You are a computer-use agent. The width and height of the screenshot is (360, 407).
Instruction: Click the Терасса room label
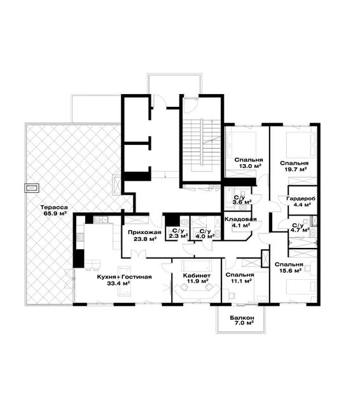click(54, 207)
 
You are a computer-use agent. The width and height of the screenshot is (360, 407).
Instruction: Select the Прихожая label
click(144, 232)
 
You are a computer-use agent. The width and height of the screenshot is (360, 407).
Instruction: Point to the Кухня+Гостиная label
click(124, 277)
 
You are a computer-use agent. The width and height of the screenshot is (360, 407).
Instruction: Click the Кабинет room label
click(197, 275)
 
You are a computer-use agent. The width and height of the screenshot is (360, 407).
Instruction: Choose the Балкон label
click(242, 318)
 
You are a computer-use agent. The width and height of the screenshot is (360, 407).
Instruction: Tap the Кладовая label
click(240, 219)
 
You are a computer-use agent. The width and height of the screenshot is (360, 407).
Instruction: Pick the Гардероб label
click(301, 199)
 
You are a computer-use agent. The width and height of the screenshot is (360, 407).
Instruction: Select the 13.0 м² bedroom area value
click(250, 166)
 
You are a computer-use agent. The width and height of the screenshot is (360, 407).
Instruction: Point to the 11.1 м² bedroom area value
click(242, 281)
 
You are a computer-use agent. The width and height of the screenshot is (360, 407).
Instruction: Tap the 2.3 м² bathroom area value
click(179, 236)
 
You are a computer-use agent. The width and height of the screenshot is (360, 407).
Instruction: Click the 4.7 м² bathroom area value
click(300, 230)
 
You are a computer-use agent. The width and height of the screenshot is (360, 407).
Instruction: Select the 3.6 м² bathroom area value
click(242, 202)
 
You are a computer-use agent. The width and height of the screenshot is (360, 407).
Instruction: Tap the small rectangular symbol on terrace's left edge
click(32, 188)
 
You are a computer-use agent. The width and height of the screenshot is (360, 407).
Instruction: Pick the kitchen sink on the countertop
click(101, 220)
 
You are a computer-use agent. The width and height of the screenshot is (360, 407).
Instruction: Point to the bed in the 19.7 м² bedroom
click(301, 145)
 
